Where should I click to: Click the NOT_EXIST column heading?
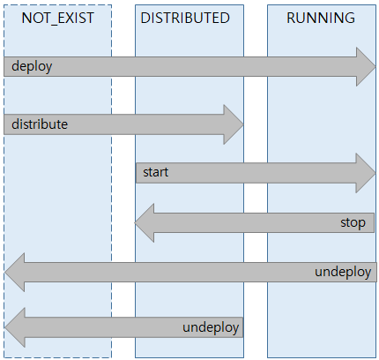(57, 18)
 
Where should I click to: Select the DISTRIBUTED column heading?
(189, 18)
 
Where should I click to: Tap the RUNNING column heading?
(323, 18)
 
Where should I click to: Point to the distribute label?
(40, 124)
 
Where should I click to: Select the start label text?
(155, 173)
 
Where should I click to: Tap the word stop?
(353, 222)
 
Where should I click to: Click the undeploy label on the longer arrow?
(345, 272)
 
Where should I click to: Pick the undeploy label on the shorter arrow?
(212, 328)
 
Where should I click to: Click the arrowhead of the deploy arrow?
(366, 67)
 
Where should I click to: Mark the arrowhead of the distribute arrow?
(234, 124)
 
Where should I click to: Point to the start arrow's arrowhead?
(366, 173)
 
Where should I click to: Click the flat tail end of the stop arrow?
(374, 222)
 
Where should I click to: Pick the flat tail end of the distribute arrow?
(6, 124)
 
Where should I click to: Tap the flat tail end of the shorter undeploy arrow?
(241, 328)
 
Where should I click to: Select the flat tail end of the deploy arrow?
(6, 67)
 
